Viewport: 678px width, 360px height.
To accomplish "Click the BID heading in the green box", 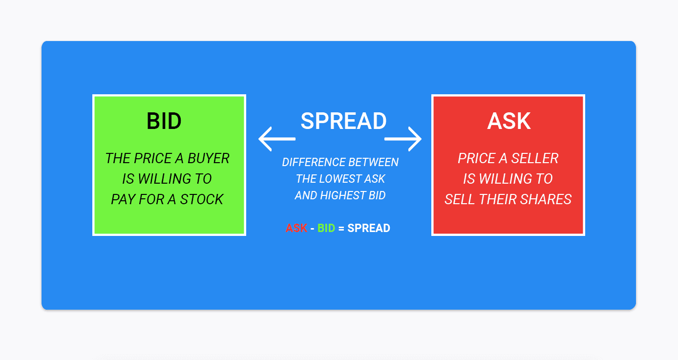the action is click(164, 121).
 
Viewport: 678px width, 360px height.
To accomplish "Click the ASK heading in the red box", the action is click(509, 121).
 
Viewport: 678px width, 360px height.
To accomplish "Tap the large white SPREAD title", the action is click(343, 121).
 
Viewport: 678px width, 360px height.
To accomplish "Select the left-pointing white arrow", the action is click(276, 139).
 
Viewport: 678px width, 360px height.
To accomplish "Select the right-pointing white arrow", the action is click(403, 139).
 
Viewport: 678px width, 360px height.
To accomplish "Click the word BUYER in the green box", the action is click(208, 158).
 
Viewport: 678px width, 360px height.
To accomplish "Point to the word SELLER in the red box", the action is click(534, 158).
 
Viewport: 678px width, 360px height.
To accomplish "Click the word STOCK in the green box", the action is click(202, 199).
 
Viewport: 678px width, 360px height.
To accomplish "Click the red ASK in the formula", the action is click(297, 228).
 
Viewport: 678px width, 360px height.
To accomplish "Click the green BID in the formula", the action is click(326, 228).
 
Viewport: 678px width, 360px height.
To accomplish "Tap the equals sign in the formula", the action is click(341, 228).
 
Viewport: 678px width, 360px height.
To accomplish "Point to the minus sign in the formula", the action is click(312, 229).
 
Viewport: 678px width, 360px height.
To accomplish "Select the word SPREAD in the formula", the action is click(369, 228).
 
